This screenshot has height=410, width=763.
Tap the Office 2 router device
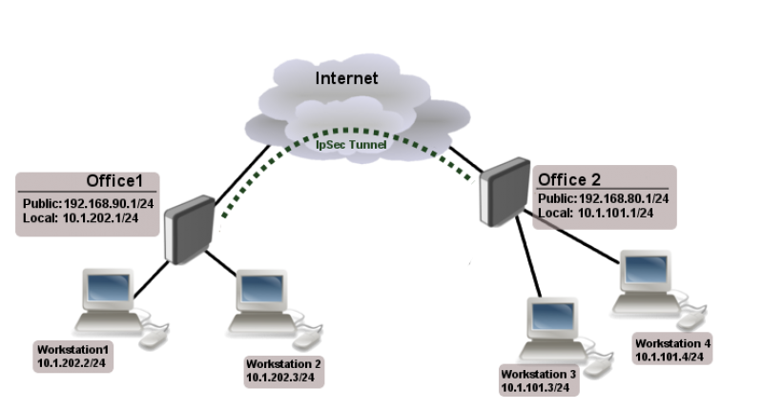504,194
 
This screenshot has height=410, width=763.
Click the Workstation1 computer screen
107,285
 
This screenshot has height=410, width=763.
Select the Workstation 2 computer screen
261,287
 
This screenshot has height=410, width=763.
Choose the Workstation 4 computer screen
645,268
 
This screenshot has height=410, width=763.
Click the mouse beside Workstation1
153,337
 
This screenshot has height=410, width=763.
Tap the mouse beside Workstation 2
306,338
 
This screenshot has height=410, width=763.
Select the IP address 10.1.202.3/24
280,379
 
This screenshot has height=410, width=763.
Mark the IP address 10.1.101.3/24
535,388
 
